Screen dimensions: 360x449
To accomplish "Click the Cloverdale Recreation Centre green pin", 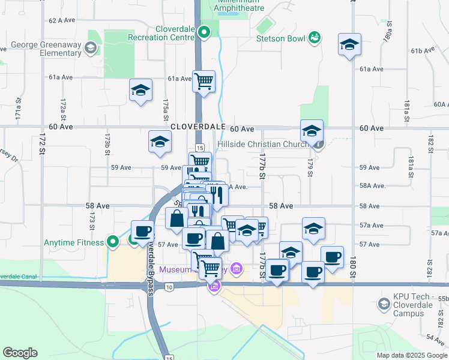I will tap(204, 32).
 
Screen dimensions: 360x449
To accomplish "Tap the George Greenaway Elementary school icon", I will tap(91, 47).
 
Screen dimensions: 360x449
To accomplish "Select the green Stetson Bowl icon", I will tap(314, 38).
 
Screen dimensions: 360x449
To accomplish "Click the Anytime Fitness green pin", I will tap(112, 242).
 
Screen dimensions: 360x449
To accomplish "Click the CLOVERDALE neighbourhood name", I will tap(197, 128).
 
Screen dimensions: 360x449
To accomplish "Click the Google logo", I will tap(20, 353).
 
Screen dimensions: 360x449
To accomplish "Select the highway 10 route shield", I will tap(170, 287).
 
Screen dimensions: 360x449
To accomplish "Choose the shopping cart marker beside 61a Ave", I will tap(203, 79).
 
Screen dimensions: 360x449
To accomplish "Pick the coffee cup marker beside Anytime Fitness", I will tap(143, 231).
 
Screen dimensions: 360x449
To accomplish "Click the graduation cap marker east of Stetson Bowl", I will tap(349, 44).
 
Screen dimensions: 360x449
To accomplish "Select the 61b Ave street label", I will tap(423, 50).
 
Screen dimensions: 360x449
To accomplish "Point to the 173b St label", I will tap(107, 144).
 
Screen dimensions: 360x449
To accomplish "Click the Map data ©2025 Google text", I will tap(411, 355).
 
